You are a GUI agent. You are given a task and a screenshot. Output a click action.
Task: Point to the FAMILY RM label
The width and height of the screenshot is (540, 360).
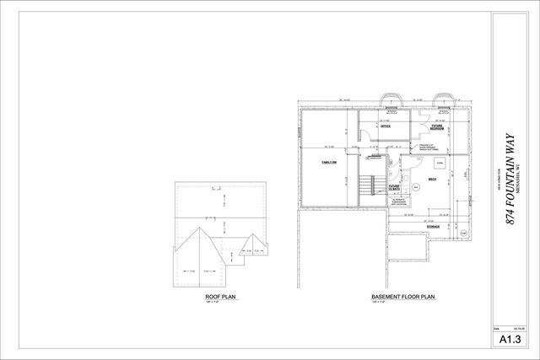328,161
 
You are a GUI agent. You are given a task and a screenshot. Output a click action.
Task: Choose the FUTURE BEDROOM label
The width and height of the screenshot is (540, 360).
436,126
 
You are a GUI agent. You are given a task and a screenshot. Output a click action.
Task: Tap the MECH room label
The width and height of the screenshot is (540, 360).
432,179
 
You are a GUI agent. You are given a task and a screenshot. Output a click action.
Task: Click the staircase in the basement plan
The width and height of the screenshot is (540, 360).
365,186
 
